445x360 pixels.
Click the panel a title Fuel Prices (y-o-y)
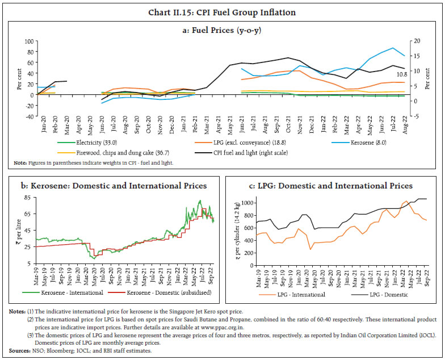tap(222, 31)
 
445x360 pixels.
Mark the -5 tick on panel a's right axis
tap(416, 116)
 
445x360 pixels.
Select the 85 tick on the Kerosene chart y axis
tap(26, 198)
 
